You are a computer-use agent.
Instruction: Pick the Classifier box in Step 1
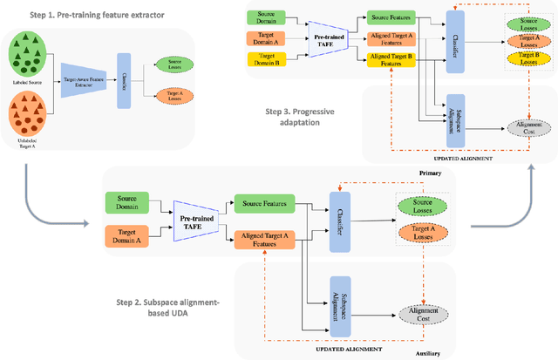pos(122,84)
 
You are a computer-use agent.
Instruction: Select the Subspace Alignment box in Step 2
pos(340,302)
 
